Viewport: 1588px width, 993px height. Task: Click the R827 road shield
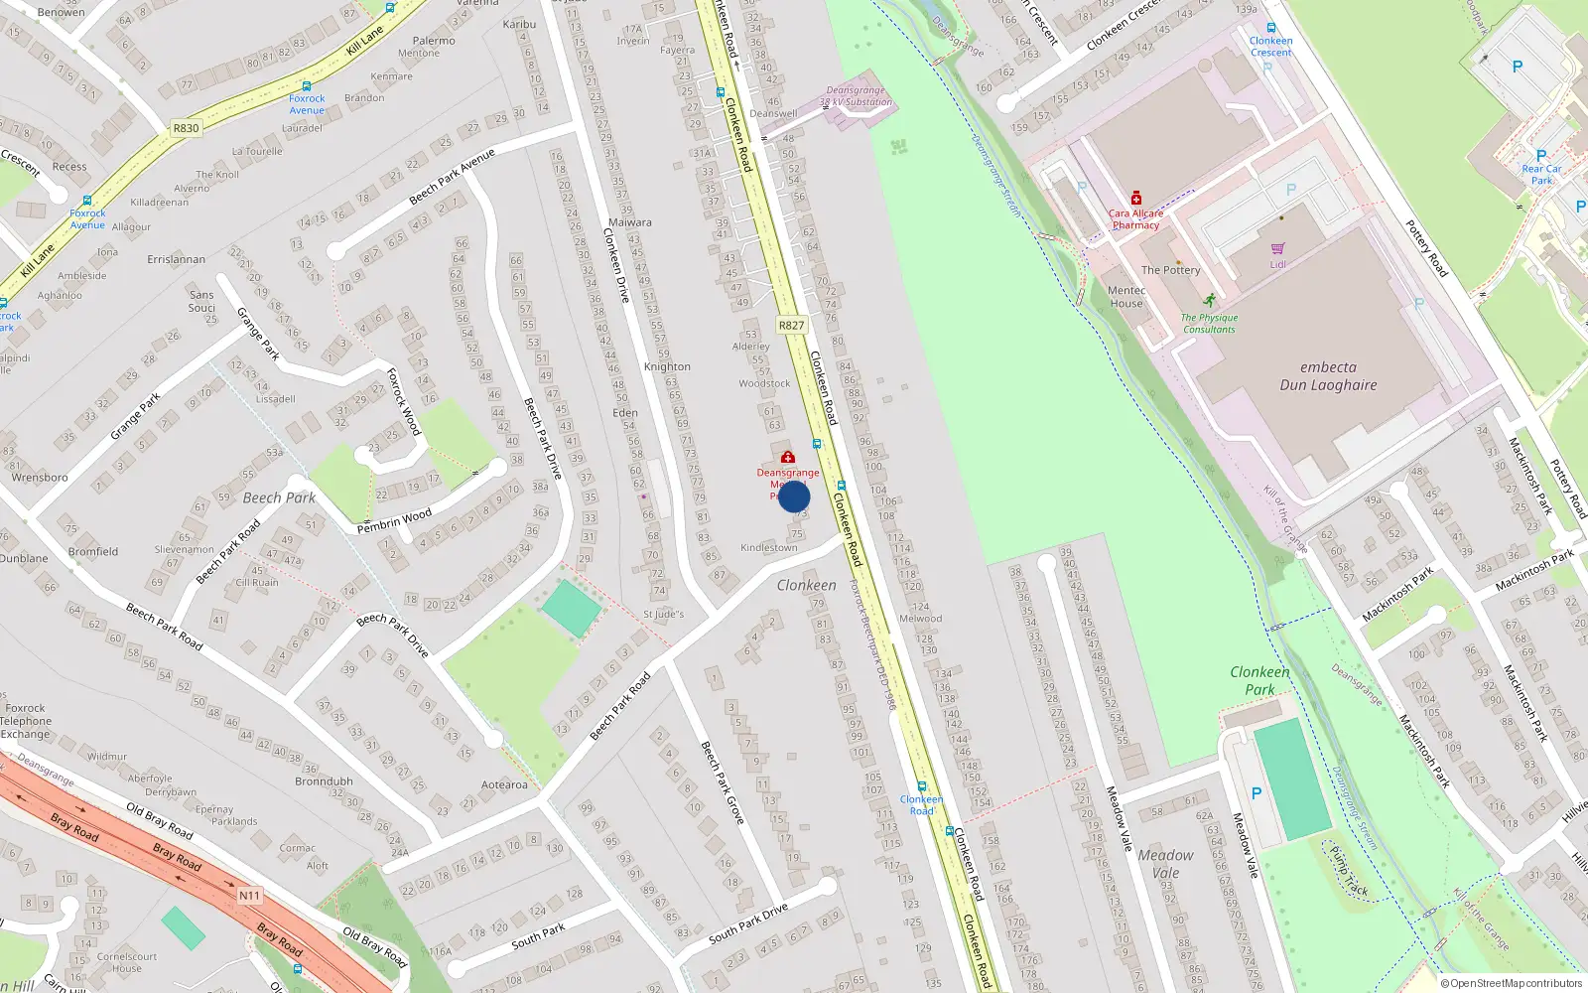tap(791, 326)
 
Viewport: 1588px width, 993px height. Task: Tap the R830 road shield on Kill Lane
tap(186, 128)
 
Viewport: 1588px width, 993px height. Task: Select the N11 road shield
tap(249, 896)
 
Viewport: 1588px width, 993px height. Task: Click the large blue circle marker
tap(794, 496)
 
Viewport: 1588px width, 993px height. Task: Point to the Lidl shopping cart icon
tap(1277, 249)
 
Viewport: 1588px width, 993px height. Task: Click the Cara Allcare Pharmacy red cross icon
tap(1136, 199)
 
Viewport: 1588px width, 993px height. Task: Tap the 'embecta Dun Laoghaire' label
tap(1328, 376)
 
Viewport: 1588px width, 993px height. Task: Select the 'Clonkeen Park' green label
tap(1259, 680)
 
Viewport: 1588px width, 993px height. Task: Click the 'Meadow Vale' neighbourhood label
tap(1166, 864)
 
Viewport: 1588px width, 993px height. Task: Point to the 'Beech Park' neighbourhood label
tap(279, 497)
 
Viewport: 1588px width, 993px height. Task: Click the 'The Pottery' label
tap(1170, 270)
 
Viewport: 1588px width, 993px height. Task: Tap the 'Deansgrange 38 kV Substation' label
tap(856, 96)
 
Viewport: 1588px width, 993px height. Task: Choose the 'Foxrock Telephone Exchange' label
tap(26, 721)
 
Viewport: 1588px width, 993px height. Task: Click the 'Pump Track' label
tap(1348, 872)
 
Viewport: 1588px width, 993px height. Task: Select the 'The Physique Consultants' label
tap(1209, 324)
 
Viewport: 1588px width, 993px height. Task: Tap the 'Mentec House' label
tap(1126, 297)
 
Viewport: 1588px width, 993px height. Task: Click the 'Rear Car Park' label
tap(1541, 175)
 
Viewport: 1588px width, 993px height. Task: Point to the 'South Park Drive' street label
tap(747, 923)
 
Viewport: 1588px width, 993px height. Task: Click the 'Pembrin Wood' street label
tap(394, 520)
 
